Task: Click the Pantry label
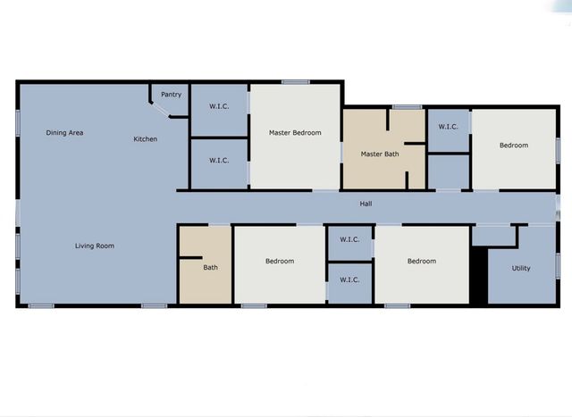(171, 95)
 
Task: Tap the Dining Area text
(65, 133)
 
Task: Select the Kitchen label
(146, 139)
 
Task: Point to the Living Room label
(94, 246)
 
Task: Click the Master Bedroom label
(295, 133)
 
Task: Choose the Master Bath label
(380, 154)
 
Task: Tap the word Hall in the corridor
(366, 204)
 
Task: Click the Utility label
(521, 268)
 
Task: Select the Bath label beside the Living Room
(210, 267)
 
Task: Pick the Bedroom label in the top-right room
(513, 146)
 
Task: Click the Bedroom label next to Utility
(422, 262)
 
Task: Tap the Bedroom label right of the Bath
(280, 262)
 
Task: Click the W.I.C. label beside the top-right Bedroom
(448, 127)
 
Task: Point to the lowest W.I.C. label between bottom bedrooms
(349, 279)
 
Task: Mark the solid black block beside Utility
(478, 274)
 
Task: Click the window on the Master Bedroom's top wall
(295, 83)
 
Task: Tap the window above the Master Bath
(407, 107)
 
